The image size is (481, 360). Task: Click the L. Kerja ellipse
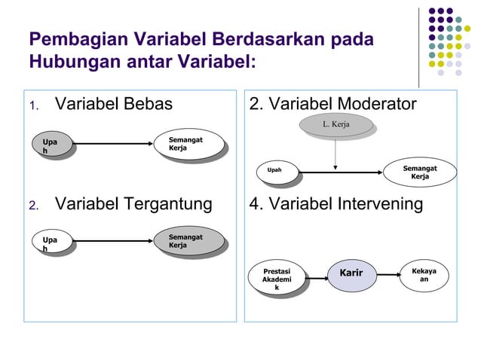click(x=336, y=124)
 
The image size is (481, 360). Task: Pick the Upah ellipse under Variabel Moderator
click(x=275, y=170)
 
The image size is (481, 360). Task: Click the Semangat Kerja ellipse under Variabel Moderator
click(x=421, y=172)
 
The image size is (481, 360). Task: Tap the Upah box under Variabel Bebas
click(x=51, y=145)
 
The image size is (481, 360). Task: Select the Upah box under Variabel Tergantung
click(x=51, y=243)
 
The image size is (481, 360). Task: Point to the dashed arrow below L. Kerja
click(x=335, y=154)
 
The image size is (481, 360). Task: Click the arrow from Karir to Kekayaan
click(x=390, y=274)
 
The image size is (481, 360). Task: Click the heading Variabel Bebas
click(x=114, y=104)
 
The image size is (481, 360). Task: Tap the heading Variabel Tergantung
click(x=133, y=204)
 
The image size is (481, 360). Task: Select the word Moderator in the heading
click(x=369, y=104)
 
